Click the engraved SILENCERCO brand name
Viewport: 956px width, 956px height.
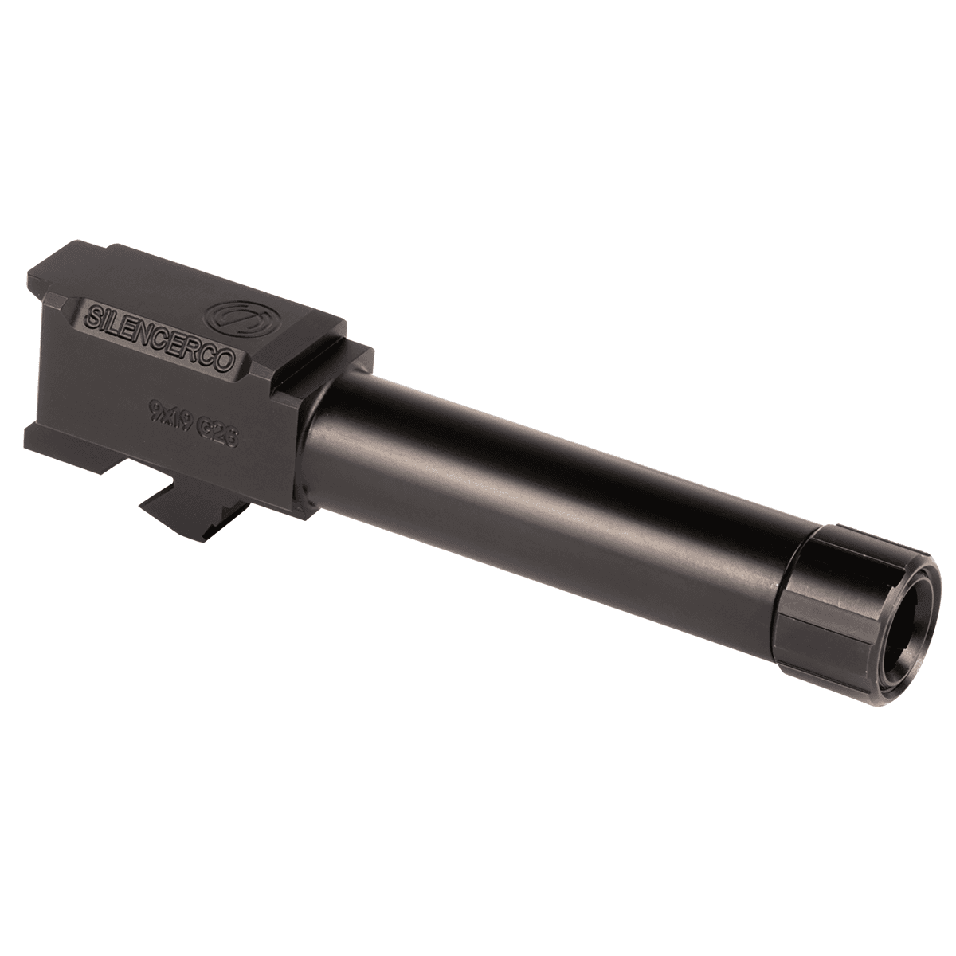[163, 333]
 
